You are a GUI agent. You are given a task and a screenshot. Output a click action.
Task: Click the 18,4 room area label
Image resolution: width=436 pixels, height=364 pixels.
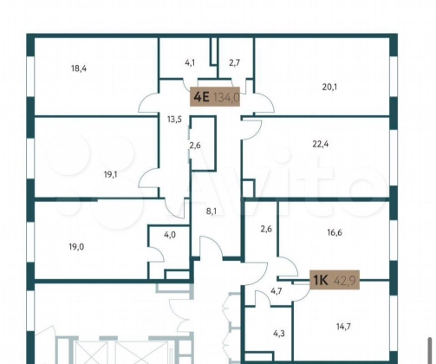[x=79, y=68]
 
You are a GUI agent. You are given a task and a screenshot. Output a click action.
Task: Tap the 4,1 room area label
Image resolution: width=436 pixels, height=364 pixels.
[x=190, y=62]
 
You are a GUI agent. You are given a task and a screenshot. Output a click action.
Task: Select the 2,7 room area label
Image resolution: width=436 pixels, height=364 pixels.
[x=235, y=62]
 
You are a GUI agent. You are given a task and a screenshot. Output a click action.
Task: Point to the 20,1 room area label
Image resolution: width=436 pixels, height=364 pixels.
[x=329, y=87]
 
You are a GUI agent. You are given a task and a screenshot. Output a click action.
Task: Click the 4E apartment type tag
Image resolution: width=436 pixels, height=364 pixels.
[x=201, y=97]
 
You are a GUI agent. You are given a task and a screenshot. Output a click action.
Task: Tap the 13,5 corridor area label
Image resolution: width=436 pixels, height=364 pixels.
[x=174, y=119]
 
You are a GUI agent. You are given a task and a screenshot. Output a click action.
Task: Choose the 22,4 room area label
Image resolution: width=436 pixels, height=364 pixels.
[x=321, y=144]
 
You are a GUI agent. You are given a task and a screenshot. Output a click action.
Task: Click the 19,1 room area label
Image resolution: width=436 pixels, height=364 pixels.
[x=111, y=174]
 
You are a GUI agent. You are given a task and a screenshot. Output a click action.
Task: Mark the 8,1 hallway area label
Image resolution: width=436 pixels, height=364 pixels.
[x=211, y=211]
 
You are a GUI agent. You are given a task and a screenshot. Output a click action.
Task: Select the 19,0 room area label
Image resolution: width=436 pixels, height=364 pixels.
[x=76, y=247]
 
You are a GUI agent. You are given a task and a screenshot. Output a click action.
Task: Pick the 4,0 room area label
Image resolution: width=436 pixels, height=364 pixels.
[x=170, y=235]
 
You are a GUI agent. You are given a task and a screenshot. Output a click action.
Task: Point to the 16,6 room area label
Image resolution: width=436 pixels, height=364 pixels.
[x=335, y=232]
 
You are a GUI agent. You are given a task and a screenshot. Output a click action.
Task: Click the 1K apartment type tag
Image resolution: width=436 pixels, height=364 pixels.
[x=321, y=280]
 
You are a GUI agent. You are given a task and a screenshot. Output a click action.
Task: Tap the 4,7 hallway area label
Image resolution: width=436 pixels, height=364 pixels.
[x=277, y=291]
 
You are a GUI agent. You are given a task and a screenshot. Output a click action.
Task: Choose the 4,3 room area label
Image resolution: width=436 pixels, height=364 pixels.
[x=279, y=334]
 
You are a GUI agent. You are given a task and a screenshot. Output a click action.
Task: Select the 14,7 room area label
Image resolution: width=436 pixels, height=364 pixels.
[x=343, y=327]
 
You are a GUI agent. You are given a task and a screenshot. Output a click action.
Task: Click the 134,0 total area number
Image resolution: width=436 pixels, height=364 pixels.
[x=226, y=97]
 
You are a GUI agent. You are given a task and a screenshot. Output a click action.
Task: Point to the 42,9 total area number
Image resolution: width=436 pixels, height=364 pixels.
[x=346, y=280]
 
